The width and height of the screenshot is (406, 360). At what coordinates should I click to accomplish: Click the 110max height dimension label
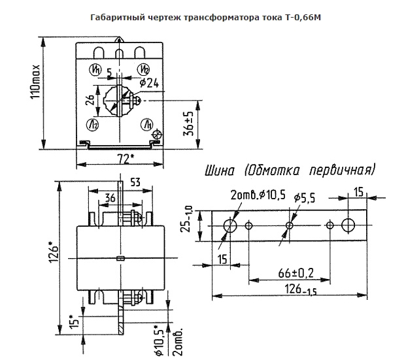(x=35, y=81)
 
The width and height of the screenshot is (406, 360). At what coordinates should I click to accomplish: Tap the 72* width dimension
(x=126, y=159)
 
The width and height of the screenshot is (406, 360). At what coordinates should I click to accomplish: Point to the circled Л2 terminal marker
(x=93, y=125)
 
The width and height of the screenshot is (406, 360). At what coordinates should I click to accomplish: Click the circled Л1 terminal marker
(x=147, y=125)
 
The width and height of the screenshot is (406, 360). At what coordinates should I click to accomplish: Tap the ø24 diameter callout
(x=149, y=83)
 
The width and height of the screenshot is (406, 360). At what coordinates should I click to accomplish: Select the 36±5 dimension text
(x=188, y=123)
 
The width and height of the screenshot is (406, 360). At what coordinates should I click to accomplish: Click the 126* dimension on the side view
(x=54, y=252)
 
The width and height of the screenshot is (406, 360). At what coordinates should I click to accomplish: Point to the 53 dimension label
(x=135, y=182)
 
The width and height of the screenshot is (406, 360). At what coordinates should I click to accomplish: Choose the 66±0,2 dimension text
(x=296, y=273)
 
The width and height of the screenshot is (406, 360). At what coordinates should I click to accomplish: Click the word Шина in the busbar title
(x=220, y=171)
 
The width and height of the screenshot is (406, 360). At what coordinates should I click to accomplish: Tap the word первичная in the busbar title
(x=343, y=171)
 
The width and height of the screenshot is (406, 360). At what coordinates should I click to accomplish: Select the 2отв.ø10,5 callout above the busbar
(x=258, y=195)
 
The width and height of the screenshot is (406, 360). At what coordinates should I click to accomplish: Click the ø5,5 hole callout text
(x=305, y=198)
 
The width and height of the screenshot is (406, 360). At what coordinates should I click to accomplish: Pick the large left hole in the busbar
(x=230, y=225)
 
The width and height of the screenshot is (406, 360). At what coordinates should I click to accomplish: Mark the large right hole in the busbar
(x=348, y=225)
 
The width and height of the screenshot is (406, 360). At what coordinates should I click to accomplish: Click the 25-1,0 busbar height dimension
(x=188, y=219)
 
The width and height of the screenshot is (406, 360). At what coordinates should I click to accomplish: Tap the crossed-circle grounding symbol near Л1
(x=157, y=135)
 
